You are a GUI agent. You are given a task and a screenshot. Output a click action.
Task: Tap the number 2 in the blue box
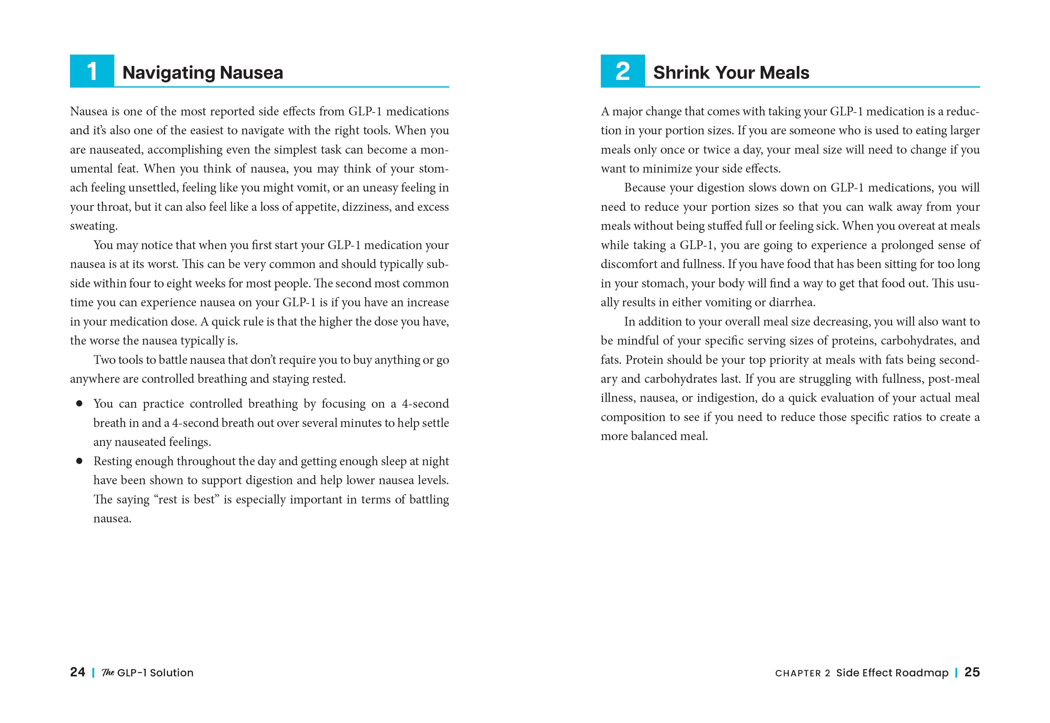623,71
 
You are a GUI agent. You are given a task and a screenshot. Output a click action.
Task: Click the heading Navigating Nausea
203,72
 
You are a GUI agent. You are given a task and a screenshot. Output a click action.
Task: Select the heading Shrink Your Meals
731,72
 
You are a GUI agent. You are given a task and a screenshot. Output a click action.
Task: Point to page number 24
77,672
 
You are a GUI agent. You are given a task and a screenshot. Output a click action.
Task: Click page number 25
972,672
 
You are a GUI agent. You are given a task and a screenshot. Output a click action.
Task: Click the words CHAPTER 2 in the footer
802,673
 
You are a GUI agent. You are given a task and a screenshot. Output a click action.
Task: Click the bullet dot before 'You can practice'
79,404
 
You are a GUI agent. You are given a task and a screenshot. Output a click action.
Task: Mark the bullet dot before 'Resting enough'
79,461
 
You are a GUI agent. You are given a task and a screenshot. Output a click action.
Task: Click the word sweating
93,226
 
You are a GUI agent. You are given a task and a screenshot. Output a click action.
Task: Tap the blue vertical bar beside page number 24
93,673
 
